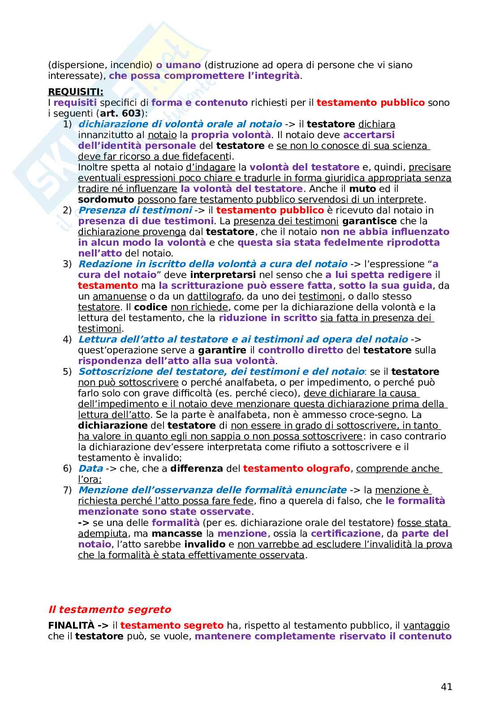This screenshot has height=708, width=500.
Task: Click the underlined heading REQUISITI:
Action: click(x=75, y=92)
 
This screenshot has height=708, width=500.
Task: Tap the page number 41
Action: click(x=446, y=687)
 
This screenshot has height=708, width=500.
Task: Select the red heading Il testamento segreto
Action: click(x=109, y=609)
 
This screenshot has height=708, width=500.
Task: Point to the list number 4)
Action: click(x=67, y=339)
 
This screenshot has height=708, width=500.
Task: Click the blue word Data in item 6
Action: click(x=91, y=469)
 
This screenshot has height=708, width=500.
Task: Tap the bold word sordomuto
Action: click(x=106, y=200)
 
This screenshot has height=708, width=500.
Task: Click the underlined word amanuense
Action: click(x=120, y=296)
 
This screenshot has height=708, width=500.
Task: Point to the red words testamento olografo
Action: click(x=296, y=469)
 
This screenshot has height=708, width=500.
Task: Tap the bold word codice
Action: click(x=151, y=307)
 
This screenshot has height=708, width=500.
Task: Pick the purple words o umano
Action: click(x=178, y=65)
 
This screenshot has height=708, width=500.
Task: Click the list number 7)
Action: click(x=67, y=490)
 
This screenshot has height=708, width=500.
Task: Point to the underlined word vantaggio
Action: click(x=426, y=625)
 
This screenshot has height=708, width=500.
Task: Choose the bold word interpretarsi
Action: click(x=223, y=275)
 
